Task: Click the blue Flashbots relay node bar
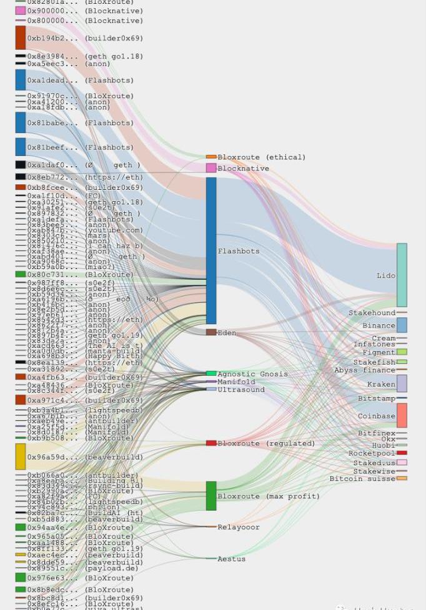point(211,250)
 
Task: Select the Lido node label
point(385,275)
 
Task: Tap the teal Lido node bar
point(402,275)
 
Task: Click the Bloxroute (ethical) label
point(261,157)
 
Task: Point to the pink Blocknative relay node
point(211,168)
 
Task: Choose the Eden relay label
point(227,333)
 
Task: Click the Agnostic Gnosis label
point(252,374)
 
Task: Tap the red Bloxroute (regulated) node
point(211,443)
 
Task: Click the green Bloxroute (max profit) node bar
point(211,496)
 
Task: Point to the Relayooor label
point(239,527)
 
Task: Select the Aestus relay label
point(231,559)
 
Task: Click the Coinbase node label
point(376,416)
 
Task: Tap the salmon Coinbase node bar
point(402,415)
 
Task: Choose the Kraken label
point(381,385)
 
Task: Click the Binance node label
point(379,325)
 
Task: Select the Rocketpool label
point(372,453)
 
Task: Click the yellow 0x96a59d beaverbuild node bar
point(21,456)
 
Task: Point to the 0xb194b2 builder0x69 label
point(85,38)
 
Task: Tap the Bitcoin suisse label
point(362,479)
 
